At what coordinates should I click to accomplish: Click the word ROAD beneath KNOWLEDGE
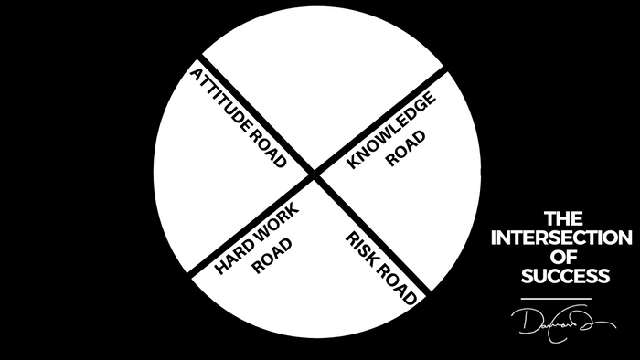click(400, 154)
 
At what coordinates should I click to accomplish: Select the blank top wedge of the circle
click(315, 73)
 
